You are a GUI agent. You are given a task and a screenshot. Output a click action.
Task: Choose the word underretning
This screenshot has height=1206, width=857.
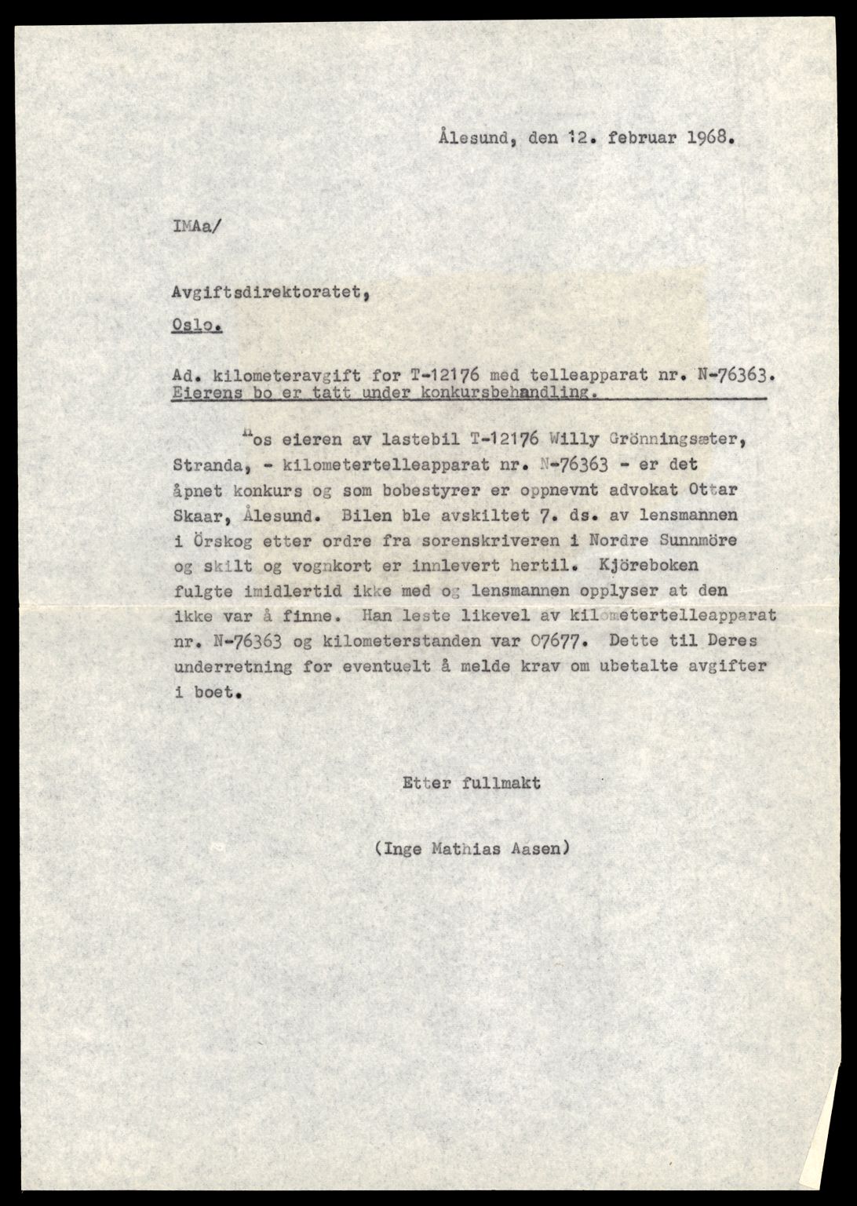click(221, 668)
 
